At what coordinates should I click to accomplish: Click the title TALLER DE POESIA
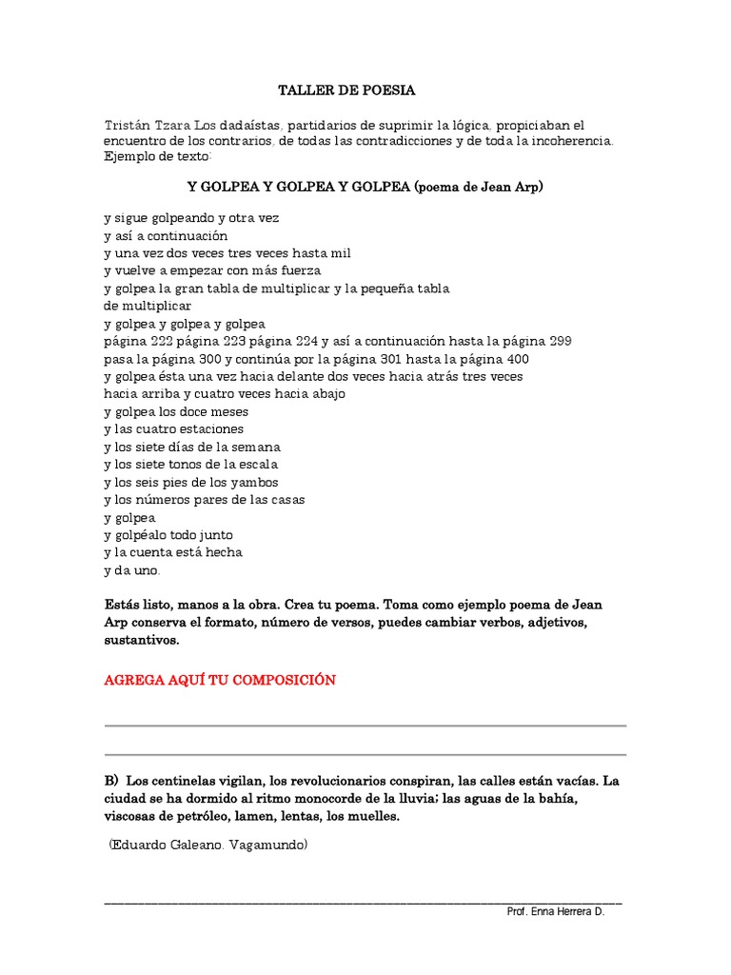click(346, 90)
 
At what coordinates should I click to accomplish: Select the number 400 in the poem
click(515, 359)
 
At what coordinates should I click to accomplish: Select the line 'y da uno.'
click(132, 570)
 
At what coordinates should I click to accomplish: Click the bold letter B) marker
click(111, 781)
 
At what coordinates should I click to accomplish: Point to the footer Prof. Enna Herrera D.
click(555, 911)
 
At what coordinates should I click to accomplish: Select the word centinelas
click(189, 781)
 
